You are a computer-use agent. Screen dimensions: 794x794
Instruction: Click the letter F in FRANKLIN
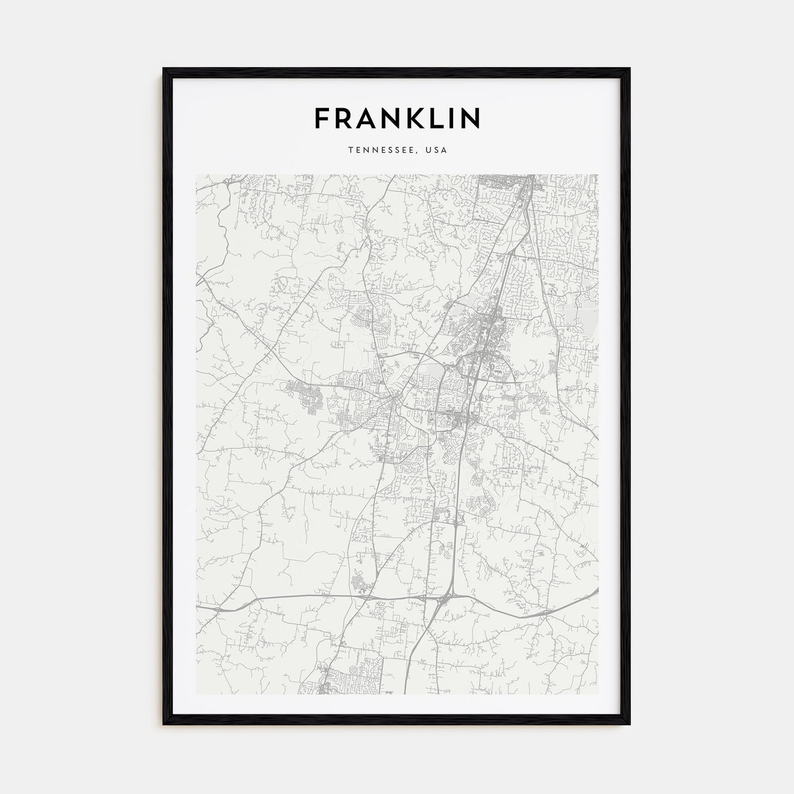pos(323,118)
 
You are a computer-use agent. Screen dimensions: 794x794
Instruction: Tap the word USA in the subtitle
pos(437,150)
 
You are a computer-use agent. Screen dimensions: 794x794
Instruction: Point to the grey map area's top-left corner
pos(196,175)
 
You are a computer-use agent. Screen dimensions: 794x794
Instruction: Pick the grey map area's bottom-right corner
pos(598,695)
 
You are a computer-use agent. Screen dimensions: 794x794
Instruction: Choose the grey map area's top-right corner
pos(598,175)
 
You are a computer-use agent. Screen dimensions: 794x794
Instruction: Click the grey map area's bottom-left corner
pos(196,695)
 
